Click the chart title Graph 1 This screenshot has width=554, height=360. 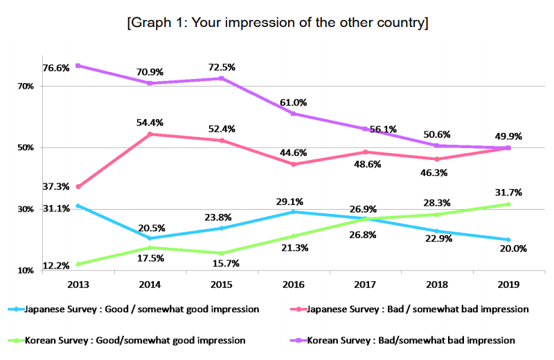coord(277,23)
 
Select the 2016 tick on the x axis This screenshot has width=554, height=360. coord(294,284)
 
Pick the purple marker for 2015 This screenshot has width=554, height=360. coord(221,78)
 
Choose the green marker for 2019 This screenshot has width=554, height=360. coord(508,204)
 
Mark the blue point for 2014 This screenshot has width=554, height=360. coord(150,238)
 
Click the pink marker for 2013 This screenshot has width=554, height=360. coord(78,187)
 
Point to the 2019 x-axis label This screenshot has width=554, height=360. coord(508,284)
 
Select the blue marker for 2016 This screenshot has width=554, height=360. coord(293,212)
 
